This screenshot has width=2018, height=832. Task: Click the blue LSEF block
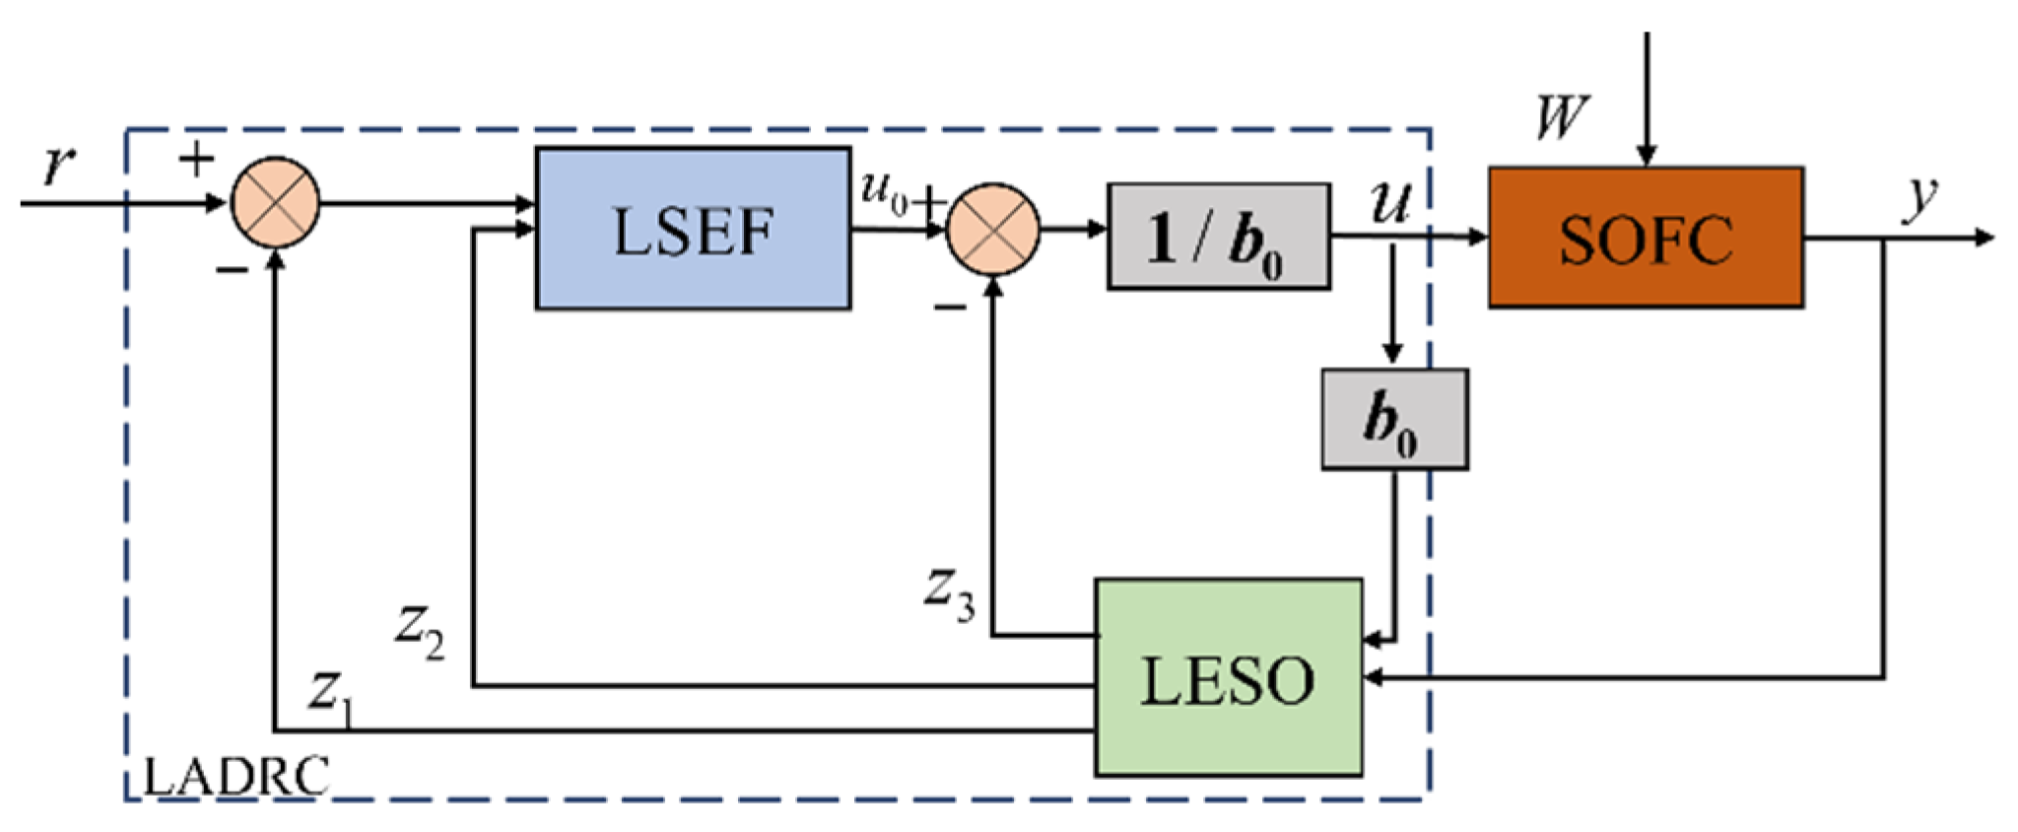(x=693, y=229)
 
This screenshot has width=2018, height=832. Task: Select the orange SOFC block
(x=1646, y=238)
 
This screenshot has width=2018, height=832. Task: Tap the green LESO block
(x=1228, y=678)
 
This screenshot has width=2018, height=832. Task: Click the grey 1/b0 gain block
(x=1218, y=237)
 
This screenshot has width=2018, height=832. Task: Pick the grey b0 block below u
(x=1393, y=419)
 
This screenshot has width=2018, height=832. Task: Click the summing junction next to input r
(x=275, y=202)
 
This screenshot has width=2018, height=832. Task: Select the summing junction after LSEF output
(x=992, y=229)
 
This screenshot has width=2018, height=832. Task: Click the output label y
(x=1919, y=196)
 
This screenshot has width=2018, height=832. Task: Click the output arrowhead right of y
(x=1984, y=238)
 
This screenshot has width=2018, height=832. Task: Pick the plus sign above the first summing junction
(x=196, y=159)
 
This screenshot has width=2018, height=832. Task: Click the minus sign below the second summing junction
(x=950, y=309)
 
